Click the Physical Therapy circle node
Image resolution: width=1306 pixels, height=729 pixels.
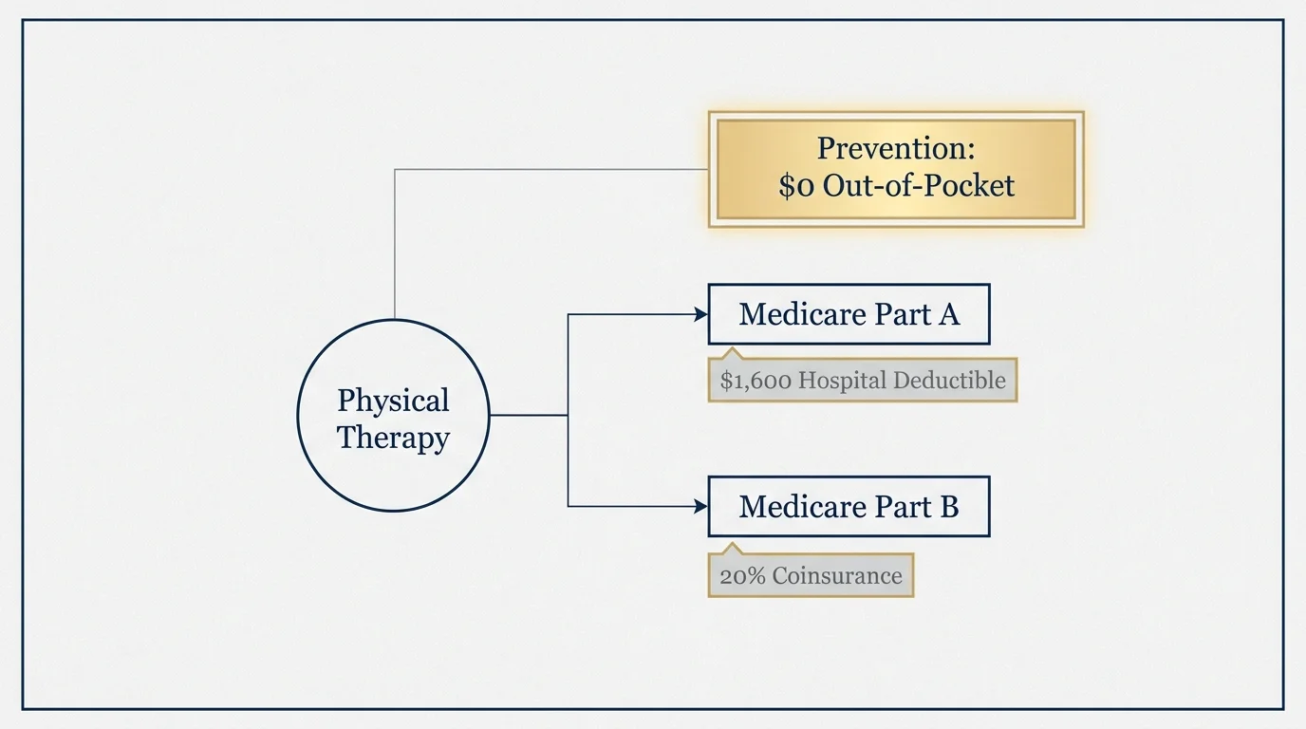pos(393,416)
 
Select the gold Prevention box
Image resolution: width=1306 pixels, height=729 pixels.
pos(895,169)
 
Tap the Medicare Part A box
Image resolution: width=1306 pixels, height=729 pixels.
pos(849,314)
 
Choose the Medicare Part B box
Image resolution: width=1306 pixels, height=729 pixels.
pos(849,507)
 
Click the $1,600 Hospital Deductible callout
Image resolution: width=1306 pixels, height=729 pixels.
pos(862,381)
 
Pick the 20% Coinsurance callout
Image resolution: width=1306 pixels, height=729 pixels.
pos(811,576)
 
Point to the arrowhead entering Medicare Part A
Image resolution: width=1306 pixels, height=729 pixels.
pos(700,314)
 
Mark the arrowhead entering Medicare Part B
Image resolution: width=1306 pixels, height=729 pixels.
pos(700,507)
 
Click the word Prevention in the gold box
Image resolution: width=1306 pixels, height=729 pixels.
pos(896,149)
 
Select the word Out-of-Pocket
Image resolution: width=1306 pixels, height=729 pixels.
pos(919,186)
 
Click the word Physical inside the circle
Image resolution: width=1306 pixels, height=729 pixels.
pos(393,401)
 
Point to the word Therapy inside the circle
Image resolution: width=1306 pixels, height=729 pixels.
pos(393,438)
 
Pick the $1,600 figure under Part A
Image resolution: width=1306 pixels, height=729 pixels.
pos(756,381)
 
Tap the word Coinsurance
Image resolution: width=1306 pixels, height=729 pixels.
pos(836,576)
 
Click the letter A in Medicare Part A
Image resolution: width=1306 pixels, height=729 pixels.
pos(948,314)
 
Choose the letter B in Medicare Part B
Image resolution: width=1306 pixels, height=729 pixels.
pos(948,507)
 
